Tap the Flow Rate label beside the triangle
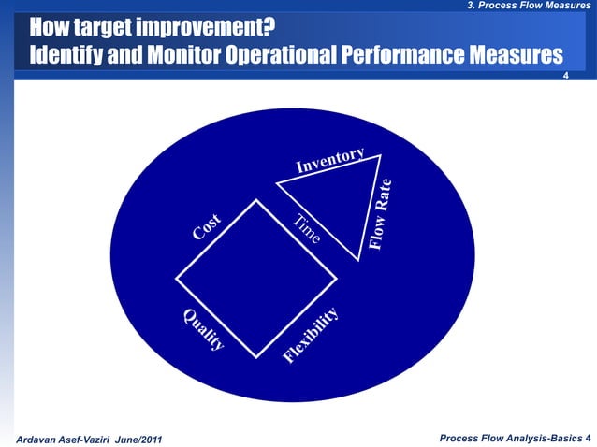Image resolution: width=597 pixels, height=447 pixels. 381,214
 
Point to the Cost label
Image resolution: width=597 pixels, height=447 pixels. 207,226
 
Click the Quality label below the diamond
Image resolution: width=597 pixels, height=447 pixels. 203,329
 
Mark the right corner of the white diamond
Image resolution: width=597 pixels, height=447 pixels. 336,278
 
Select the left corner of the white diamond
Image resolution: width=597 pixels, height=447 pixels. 176,278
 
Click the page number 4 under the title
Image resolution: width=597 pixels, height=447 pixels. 564,76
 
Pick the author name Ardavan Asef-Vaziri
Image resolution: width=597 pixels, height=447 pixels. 58,439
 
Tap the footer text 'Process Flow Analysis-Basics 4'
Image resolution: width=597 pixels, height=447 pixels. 515,438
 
